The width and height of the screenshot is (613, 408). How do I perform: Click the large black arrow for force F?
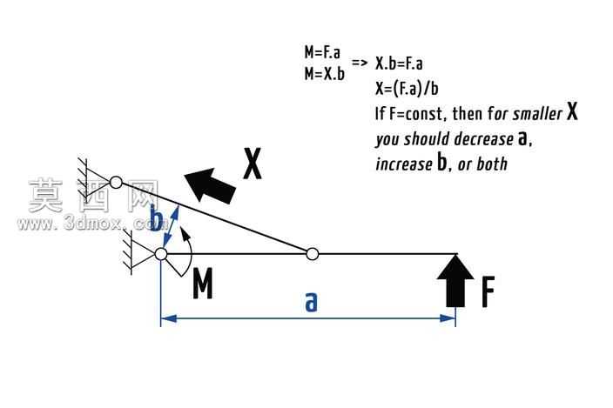pyautogui.click(x=455, y=280)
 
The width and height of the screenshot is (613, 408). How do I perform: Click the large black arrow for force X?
pyautogui.click(x=211, y=186)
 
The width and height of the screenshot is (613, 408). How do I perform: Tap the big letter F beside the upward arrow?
pyautogui.click(x=488, y=291)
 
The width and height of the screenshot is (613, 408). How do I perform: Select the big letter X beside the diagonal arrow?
pyautogui.click(x=253, y=164)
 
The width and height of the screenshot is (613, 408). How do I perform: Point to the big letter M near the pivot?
pyautogui.click(x=203, y=283)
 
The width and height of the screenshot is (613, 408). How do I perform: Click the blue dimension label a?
pyautogui.click(x=311, y=302)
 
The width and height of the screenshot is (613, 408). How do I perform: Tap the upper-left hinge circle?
pyautogui.click(x=116, y=182)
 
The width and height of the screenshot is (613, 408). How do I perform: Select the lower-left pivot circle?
pyautogui.click(x=161, y=254)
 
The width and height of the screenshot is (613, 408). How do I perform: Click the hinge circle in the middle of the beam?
pyautogui.click(x=312, y=254)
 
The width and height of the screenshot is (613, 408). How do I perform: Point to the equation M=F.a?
pyautogui.click(x=322, y=52)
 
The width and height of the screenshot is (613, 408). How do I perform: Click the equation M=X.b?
pyautogui.click(x=325, y=73)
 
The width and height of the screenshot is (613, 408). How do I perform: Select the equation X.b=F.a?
pyautogui.click(x=399, y=64)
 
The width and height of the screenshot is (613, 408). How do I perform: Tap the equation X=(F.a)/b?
pyautogui.click(x=407, y=88)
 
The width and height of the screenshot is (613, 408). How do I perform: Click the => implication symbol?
pyautogui.click(x=360, y=63)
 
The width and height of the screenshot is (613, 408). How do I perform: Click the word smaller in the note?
pyautogui.click(x=537, y=114)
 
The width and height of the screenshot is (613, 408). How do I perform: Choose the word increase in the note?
pyautogui.click(x=404, y=164)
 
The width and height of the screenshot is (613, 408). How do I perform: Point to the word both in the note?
pyautogui.click(x=492, y=164)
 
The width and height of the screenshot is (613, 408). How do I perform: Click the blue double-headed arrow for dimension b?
pyautogui.click(x=171, y=226)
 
